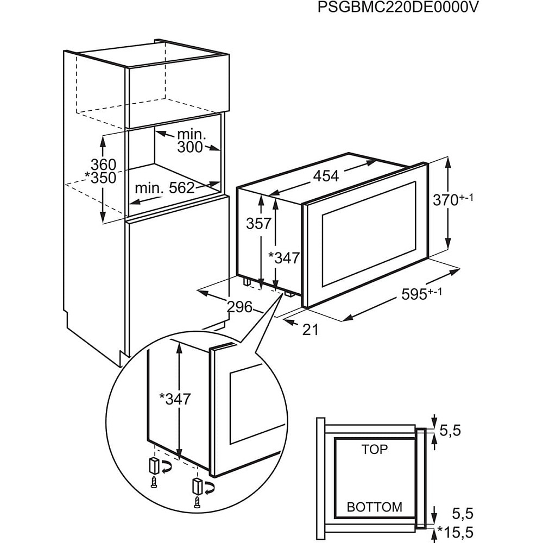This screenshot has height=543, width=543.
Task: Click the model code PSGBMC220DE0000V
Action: pyautogui.click(x=399, y=9)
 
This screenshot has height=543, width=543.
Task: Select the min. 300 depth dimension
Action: pyautogui.click(x=190, y=140)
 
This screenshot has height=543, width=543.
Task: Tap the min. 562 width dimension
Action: pyautogui.click(x=165, y=188)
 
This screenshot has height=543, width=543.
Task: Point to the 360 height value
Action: pyautogui.click(x=103, y=164)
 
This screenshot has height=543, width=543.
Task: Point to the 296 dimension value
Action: pyautogui.click(x=239, y=307)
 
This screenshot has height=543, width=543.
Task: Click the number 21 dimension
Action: pyautogui.click(x=310, y=329)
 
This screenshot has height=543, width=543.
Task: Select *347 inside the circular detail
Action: pyautogui.click(x=175, y=399)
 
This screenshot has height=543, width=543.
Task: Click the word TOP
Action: pyautogui.click(x=375, y=449)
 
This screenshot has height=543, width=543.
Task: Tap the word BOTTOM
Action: pyautogui.click(x=375, y=507)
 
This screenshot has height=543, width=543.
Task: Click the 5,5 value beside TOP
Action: pyautogui.click(x=450, y=431)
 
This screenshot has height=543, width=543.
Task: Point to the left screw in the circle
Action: pyautogui.click(x=154, y=481)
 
